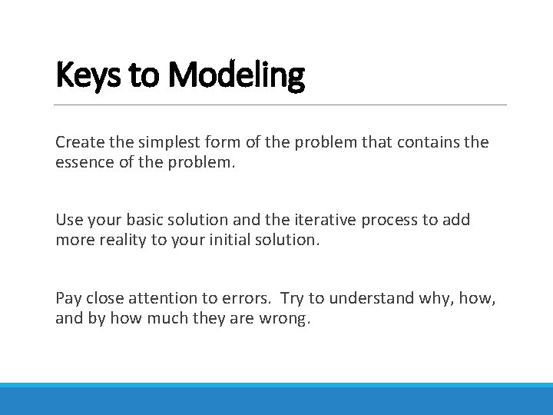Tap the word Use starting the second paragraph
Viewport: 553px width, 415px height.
point(68,220)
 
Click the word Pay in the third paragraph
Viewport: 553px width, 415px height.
point(68,298)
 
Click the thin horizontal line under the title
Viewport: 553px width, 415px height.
point(281,105)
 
